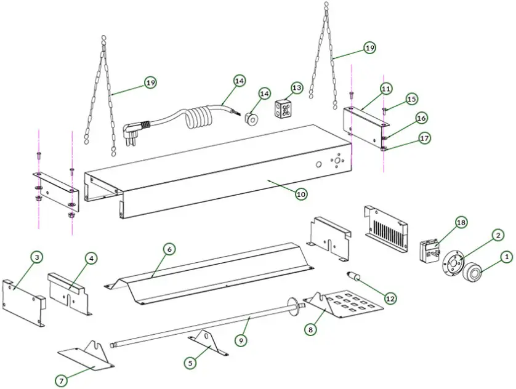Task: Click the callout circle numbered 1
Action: [x=506, y=257]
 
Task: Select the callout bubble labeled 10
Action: [x=300, y=194]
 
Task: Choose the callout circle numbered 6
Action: [x=169, y=249]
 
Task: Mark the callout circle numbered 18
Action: [x=461, y=222]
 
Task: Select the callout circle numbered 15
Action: [x=412, y=98]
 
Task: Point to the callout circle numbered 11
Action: [x=385, y=89]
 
